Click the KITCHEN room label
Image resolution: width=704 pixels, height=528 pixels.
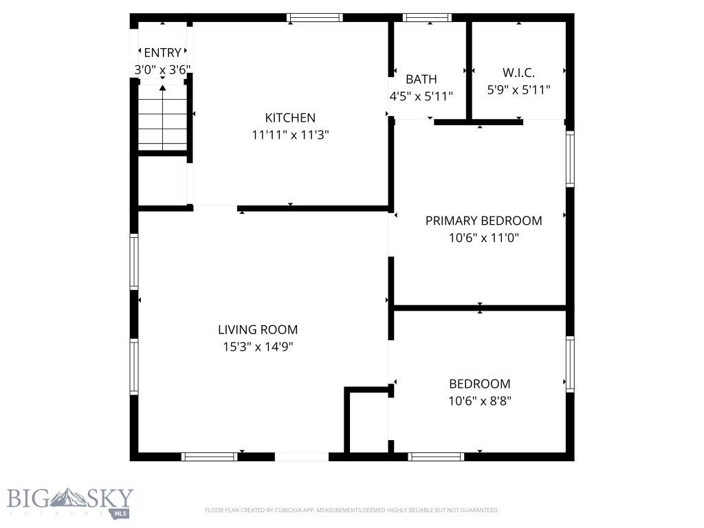tap(290, 118)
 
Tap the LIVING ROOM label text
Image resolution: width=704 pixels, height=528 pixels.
tap(258, 329)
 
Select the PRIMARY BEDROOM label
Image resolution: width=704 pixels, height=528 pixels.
tap(483, 221)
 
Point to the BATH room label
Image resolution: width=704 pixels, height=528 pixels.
tap(421, 79)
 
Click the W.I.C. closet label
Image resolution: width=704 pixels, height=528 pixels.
tap(518, 72)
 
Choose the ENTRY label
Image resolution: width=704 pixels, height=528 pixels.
tap(162, 52)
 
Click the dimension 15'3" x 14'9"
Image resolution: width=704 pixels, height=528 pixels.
tap(258, 347)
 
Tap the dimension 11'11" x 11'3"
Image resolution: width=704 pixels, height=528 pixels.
tap(290, 135)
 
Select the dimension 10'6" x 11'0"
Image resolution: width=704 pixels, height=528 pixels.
tap(483, 239)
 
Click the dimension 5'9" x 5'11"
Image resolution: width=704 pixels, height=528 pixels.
tap(518, 89)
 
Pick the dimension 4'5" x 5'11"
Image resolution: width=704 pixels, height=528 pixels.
tap(421, 97)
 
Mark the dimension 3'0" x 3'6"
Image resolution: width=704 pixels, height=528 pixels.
tap(162, 69)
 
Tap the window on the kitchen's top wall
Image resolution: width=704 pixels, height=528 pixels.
tap(314, 18)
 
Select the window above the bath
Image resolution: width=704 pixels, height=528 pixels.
tap(427, 18)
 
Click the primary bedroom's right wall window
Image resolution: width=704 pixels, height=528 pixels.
tap(570, 159)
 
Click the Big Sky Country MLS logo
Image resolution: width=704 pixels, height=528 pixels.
tap(69, 502)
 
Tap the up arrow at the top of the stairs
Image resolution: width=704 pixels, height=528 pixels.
tap(162, 88)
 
